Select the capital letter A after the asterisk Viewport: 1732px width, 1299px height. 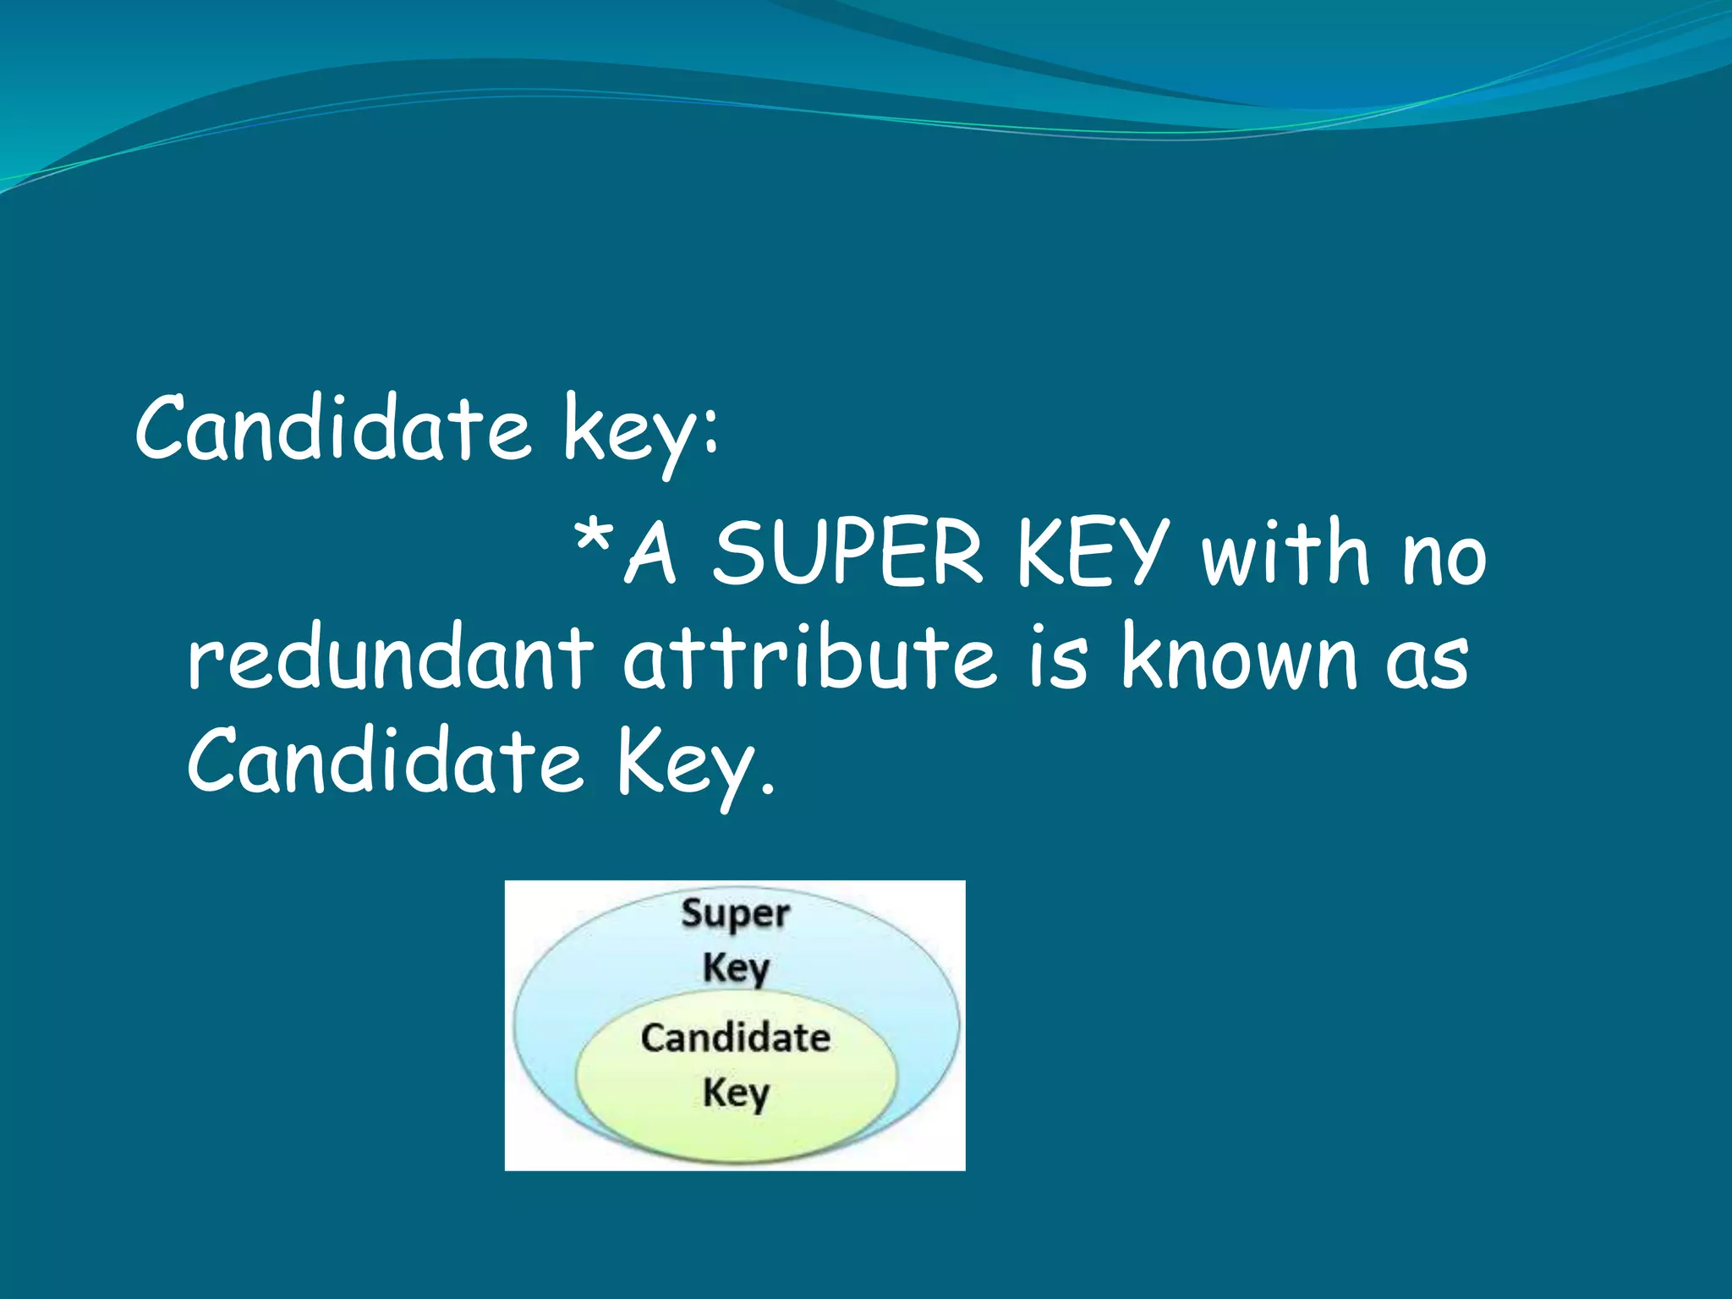click(x=651, y=554)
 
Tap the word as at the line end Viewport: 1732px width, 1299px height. click(x=1427, y=663)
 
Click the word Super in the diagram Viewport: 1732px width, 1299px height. click(x=735, y=915)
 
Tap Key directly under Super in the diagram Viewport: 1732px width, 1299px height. click(x=735, y=967)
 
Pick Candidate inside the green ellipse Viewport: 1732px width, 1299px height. click(x=735, y=1038)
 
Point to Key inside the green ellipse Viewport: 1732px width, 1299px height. click(x=735, y=1093)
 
